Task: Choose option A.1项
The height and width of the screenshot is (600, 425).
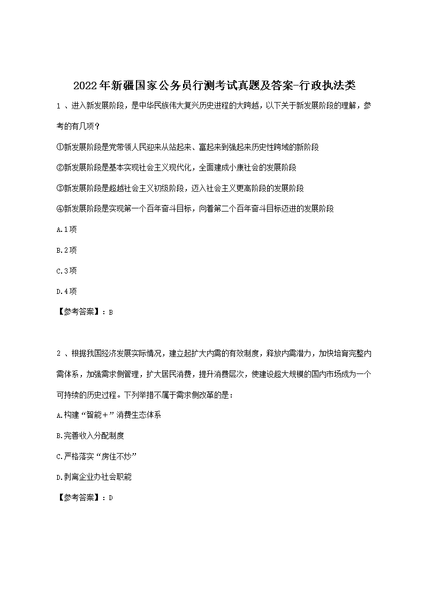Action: tap(66, 229)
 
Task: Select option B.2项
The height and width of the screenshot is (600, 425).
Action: tap(66, 250)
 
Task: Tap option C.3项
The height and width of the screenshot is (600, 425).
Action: tap(66, 271)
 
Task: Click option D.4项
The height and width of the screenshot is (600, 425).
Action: tap(66, 291)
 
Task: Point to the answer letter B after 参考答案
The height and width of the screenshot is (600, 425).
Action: tap(110, 313)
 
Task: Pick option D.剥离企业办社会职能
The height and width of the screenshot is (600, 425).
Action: tap(94, 477)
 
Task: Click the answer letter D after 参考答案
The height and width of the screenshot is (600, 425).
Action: tap(110, 498)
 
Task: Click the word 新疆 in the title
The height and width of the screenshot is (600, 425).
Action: tap(119, 85)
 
